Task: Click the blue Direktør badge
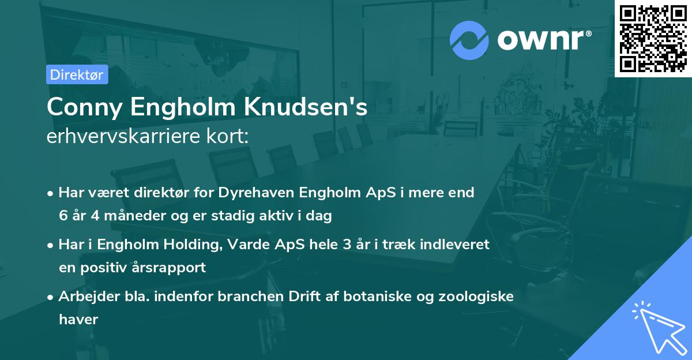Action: coord(77,74)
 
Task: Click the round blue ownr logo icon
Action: coord(469,40)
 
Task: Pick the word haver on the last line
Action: coord(79,319)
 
